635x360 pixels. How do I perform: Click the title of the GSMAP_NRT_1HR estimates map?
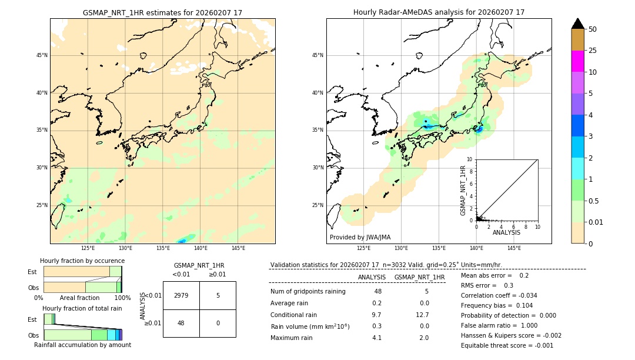tap(162, 12)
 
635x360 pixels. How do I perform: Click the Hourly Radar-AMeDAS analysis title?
tap(439, 12)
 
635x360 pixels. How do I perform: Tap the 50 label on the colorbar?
tap(593, 29)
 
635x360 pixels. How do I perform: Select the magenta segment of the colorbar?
tap(577, 61)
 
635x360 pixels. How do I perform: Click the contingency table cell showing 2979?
tap(181, 295)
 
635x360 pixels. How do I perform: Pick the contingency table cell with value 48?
tap(181, 323)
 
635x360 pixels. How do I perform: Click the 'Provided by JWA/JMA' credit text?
tap(360, 237)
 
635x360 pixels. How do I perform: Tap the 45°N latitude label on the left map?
tap(42, 55)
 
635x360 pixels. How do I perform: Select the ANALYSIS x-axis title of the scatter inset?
tap(506, 232)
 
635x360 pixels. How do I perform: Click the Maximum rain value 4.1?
tap(376, 338)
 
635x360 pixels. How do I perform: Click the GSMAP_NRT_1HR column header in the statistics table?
tap(419, 277)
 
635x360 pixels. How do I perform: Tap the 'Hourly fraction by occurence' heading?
tap(82, 261)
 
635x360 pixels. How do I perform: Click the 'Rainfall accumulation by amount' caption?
tap(82, 345)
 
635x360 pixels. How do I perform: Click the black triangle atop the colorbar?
tap(577, 24)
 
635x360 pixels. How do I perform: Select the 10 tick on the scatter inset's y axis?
tap(470, 159)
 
